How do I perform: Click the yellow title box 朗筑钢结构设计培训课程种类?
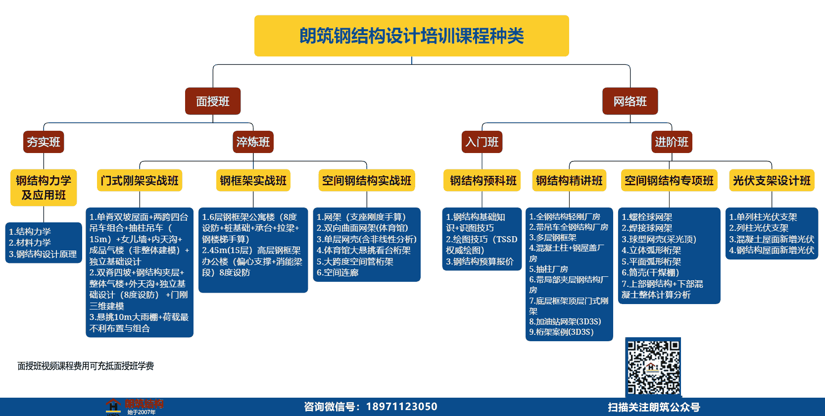[411, 36]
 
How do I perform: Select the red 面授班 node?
[213, 101]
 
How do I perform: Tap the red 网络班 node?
[630, 101]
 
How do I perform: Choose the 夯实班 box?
[44, 142]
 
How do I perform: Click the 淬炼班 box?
[253, 142]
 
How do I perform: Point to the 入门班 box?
[482, 142]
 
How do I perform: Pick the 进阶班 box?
[672, 142]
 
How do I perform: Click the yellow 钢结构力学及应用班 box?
[44, 188]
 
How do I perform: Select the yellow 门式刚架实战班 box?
[140, 180]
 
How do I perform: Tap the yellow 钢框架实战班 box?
[253, 180]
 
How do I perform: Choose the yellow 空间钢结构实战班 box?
[366, 180]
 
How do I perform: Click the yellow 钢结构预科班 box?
[482, 180]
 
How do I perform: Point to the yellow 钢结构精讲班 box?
[569, 180]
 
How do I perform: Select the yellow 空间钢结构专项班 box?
[669, 180]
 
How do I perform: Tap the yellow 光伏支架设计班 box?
[772, 180]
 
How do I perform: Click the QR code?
[653, 367]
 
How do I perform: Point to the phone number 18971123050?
[401, 407]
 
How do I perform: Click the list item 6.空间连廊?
[338, 273]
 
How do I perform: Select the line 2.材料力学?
[30, 243]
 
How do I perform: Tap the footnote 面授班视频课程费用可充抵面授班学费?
[86, 366]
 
